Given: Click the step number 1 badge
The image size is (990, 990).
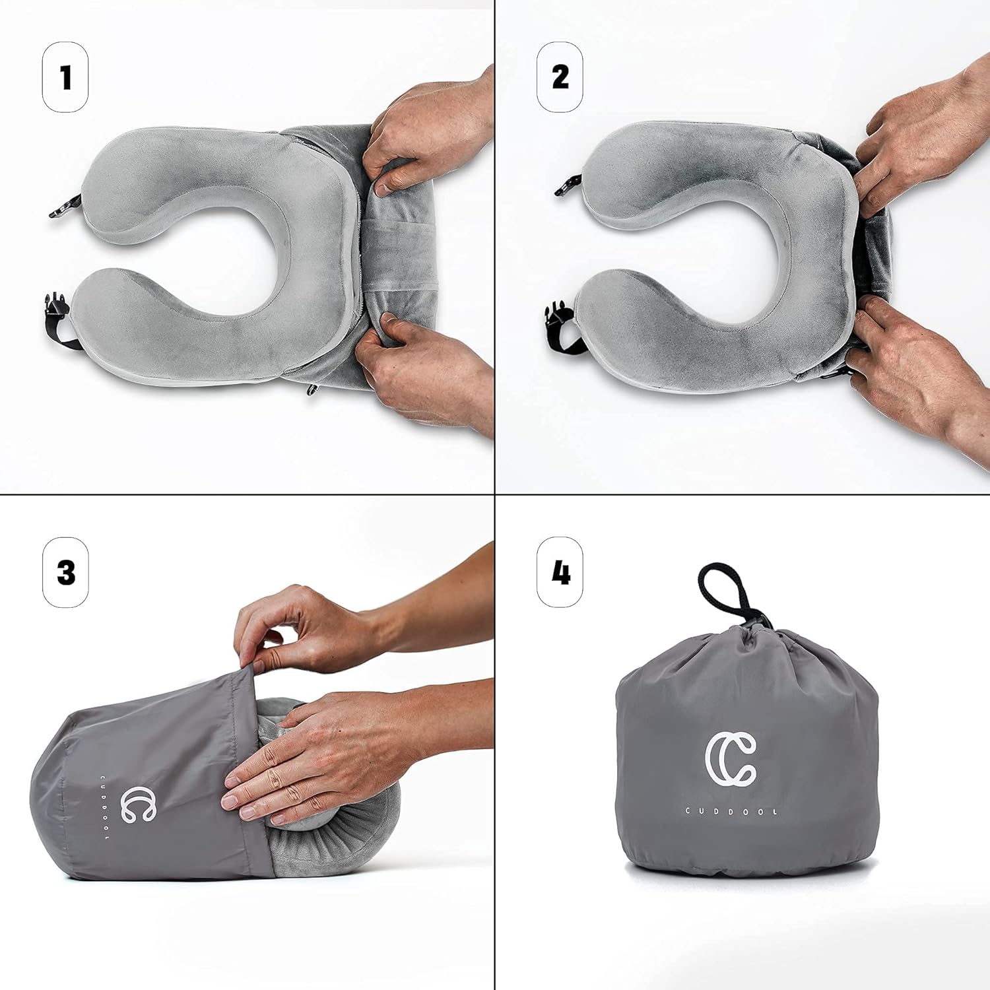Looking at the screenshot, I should pyautogui.click(x=65, y=77).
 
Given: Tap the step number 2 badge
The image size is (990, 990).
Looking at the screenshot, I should pyautogui.click(x=560, y=77).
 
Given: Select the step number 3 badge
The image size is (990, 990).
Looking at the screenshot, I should pyautogui.click(x=65, y=572).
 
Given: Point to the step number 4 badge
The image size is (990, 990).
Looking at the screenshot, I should pyautogui.click(x=560, y=572).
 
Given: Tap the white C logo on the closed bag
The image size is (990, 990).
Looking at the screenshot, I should pyautogui.click(x=731, y=760).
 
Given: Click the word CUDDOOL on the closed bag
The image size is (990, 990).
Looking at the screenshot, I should pyautogui.click(x=731, y=811).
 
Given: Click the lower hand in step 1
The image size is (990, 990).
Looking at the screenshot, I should pyautogui.click(x=422, y=370).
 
